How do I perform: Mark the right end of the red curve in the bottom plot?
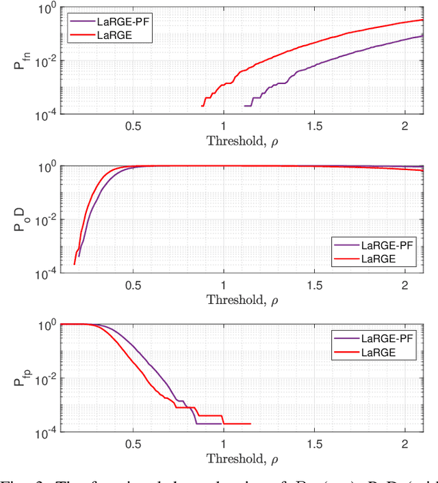(x=250, y=424)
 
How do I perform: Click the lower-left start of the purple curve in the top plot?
(x=245, y=105)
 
